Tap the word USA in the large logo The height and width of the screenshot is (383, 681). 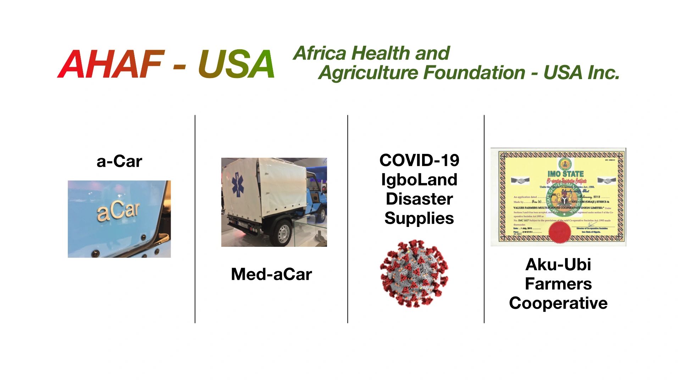tap(236, 64)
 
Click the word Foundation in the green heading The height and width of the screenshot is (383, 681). tap(474, 73)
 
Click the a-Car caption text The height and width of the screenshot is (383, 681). tap(119, 162)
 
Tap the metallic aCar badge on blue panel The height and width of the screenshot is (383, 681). tap(118, 212)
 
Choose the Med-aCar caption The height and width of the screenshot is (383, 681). tap(271, 274)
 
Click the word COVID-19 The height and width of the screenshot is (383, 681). tap(419, 160)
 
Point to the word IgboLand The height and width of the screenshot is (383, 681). tap(419, 179)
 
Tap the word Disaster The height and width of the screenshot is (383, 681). tap(419, 199)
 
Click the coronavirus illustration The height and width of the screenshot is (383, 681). tap(414, 273)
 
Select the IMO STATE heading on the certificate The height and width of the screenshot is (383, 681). tap(565, 174)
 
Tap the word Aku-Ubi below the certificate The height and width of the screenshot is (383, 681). tap(558, 265)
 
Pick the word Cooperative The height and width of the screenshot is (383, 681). tap(558, 303)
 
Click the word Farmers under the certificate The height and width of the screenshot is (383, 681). tap(558, 284)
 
